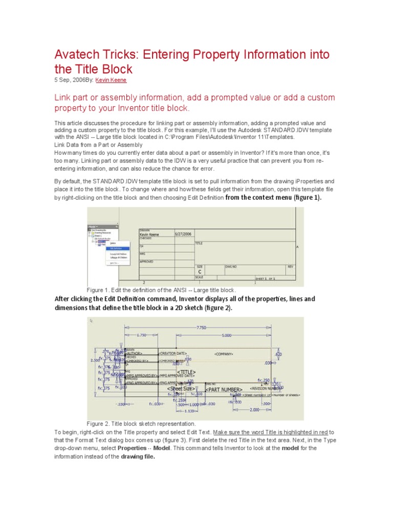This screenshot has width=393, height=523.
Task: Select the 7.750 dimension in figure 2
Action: [x=200, y=327]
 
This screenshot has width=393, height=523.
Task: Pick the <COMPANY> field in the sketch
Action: [x=224, y=354]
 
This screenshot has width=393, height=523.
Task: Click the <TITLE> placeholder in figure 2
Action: [x=186, y=372]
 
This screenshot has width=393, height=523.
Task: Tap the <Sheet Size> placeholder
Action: [x=179, y=388]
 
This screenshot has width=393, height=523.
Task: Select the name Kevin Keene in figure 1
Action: [x=149, y=234]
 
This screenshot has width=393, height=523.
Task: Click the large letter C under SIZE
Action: [x=200, y=272]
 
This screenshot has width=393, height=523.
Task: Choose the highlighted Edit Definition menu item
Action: [x=117, y=248]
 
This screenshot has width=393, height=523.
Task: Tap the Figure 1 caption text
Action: [x=162, y=290]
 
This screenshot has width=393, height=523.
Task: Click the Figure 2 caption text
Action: [x=141, y=424]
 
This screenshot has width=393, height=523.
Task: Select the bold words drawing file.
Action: [x=138, y=457]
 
